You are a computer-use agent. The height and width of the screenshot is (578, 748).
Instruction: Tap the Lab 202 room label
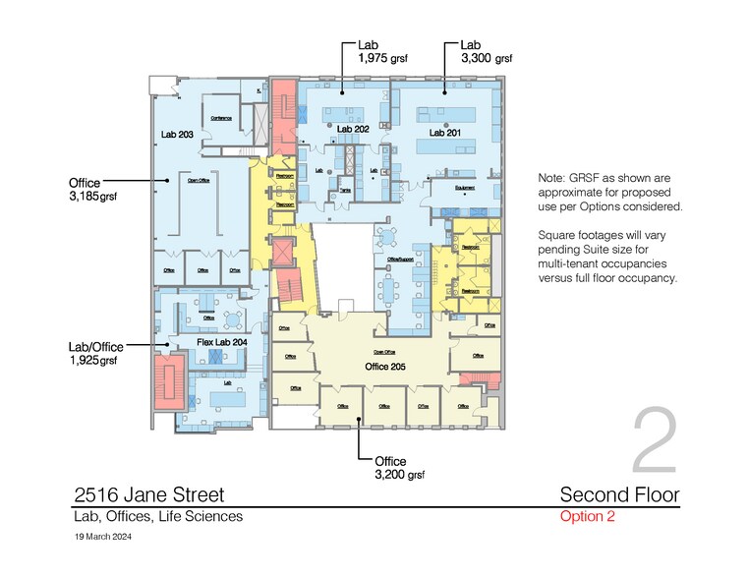(352, 130)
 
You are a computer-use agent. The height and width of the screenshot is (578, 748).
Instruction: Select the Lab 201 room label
(444, 131)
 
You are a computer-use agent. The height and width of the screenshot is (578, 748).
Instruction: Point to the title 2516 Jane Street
(148, 494)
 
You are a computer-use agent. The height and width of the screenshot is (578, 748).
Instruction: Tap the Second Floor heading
(618, 494)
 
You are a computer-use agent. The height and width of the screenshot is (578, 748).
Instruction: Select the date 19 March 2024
(103, 538)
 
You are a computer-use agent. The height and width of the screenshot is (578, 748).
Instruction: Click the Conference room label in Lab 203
(221, 118)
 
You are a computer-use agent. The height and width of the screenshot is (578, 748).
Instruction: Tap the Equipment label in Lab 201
(466, 187)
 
